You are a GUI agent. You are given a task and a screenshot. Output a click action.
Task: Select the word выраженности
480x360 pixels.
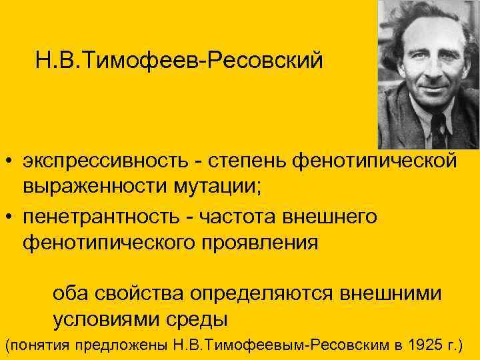[x=86, y=189]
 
